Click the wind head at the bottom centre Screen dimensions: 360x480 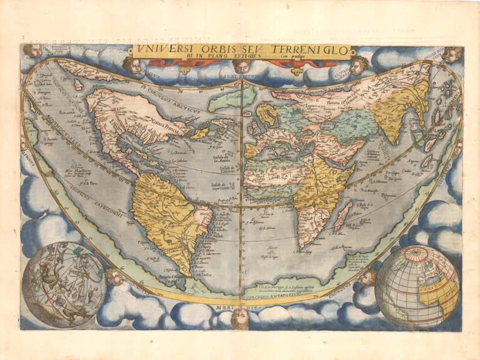coord(239,319)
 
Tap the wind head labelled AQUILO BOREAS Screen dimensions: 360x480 coord(357,64)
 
